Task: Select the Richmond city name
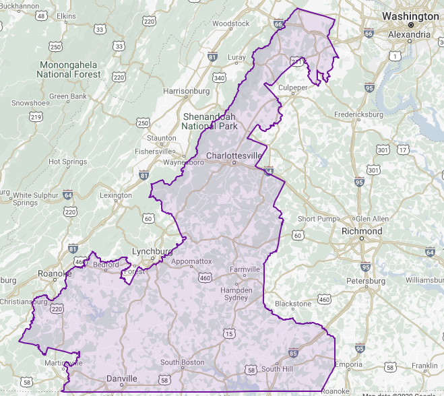[362, 231]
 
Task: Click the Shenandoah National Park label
[210, 121]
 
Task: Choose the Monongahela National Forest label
[69, 69]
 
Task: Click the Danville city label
[121, 379]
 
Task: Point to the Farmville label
[245, 269]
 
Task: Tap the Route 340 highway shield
[219, 77]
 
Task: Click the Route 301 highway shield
[383, 150]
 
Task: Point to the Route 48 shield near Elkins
[42, 15]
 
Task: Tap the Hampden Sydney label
[236, 294]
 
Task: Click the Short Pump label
[317, 219]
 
